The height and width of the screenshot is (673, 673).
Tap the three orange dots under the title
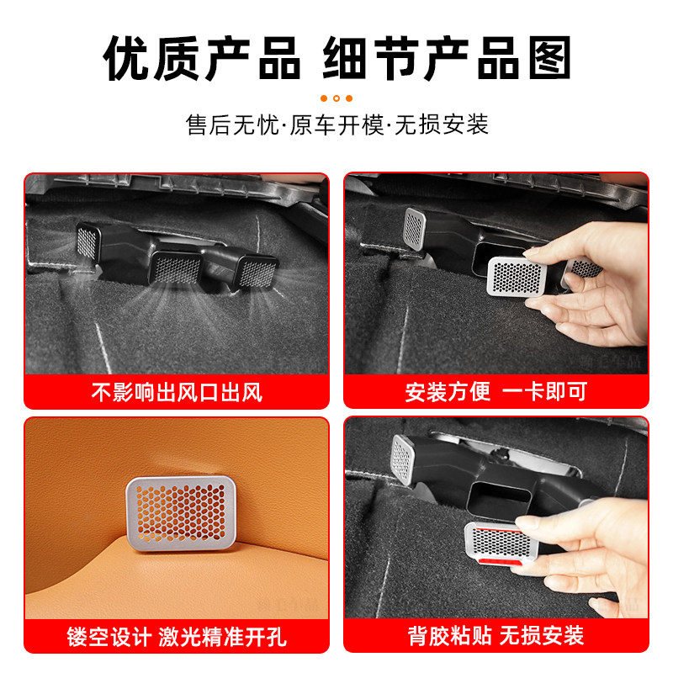point(336,98)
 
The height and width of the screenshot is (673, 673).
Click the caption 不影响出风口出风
point(176,392)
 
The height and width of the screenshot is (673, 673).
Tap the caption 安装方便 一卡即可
point(495,392)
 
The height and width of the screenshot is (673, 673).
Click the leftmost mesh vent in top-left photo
point(87,241)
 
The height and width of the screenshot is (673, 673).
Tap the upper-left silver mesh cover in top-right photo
point(416,225)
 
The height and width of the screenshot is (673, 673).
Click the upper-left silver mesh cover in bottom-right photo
point(403,459)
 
